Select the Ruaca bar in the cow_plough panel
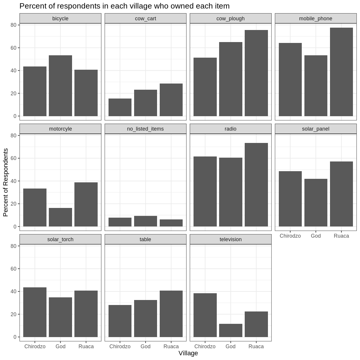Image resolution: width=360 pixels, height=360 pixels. coord(256,73)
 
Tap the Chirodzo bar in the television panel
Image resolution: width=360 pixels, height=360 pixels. coord(205,315)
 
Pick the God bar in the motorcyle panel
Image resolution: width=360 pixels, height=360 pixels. coord(60,217)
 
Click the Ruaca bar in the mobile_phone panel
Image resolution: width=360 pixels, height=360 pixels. coord(341,72)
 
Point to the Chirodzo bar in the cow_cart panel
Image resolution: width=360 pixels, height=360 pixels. coord(120,107)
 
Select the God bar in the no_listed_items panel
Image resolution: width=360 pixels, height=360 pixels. coord(146,221)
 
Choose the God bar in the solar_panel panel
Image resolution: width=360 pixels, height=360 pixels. coord(316,203)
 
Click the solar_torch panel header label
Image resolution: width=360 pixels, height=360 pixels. coord(60,239)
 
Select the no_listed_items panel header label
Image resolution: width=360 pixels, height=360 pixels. coord(146,129)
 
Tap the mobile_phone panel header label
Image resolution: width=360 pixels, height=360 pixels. coord(316,19)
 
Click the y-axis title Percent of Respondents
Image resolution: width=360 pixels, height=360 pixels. coord(6,182)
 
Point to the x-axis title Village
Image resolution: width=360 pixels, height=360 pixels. coord(188,353)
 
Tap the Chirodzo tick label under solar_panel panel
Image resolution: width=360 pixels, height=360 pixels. coord(290,236)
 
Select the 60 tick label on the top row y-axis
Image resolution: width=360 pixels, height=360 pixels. coord(13,48)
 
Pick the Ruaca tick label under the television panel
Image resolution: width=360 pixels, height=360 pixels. coord(256,346)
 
